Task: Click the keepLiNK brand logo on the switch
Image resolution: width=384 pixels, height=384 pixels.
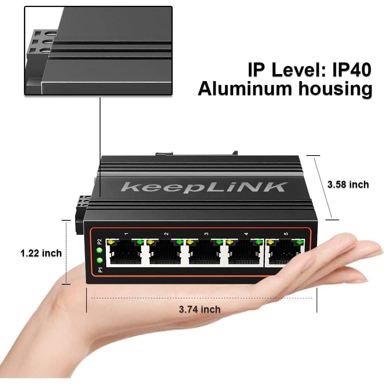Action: click(x=205, y=187)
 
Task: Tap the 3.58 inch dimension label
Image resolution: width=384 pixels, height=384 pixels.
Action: click(x=348, y=185)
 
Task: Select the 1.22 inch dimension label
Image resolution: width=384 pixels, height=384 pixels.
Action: click(x=41, y=253)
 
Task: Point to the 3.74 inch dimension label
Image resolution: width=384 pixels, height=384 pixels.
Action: click(x=199, y=309)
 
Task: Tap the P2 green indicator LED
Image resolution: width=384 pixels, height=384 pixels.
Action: click(x=100, y=251)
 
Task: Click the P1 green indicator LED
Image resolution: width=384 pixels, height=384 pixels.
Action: click(x=100, y=261)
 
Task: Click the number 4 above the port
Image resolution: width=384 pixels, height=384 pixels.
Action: click(x=246, y=234)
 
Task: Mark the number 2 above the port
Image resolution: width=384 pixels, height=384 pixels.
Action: click(x=166, y=234)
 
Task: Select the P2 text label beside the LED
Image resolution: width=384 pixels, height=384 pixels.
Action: click(x=100, y=241)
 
